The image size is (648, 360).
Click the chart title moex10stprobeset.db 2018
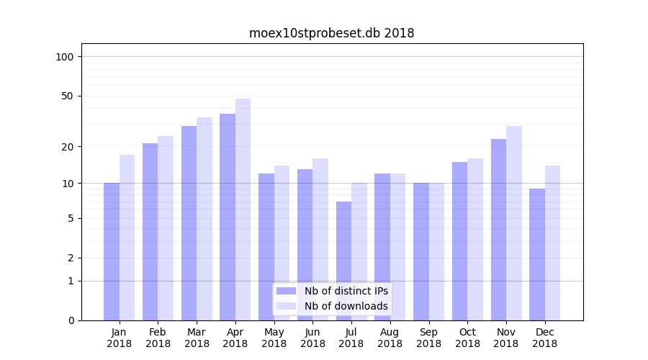click(x=331, y=33)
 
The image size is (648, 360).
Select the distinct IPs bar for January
click(x=112, y=251)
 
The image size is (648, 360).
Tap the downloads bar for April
click(x=243, y=210)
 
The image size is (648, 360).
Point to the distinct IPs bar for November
click(x=498, y=230)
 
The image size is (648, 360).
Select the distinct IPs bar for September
click(x=421, y=251)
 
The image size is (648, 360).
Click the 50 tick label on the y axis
click(x=68, y=96)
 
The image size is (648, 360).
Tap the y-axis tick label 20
click(x=68, y=147)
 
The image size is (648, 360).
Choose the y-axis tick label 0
click(x=71, y=320)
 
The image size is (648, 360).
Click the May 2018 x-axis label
click(x=274, y=338)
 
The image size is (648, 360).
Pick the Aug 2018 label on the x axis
click(x=390, y=338)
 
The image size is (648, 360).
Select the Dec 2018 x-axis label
click(x=544, y=338)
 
